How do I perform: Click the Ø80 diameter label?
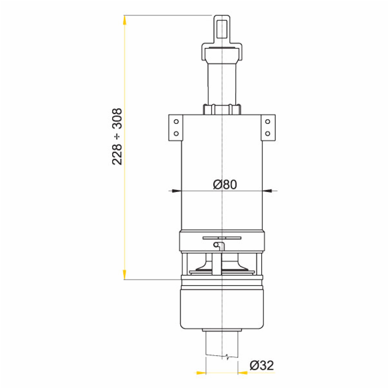pyautogui.click(x=225, y=184)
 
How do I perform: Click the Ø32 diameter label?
pyautogui.click(x=262, y=366)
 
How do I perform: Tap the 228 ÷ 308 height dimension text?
pyautogui.click(x=117, y=136)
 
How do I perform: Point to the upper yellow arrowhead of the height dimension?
pyautogui.click(x=124, y=20)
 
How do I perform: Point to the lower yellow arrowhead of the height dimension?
pyautogui.click(x=124, y=275)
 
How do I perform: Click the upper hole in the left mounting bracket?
pyautogui.click(x=176, y=122)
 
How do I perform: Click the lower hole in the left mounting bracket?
pyautogui.click(x=176, y=134)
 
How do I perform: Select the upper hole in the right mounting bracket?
pyautogui.click(x=267, y=122)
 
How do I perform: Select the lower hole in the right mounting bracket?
pyautogui.click(x=267, y=134)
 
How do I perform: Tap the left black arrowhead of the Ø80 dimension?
pyautogui.click(x=176, y=191)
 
